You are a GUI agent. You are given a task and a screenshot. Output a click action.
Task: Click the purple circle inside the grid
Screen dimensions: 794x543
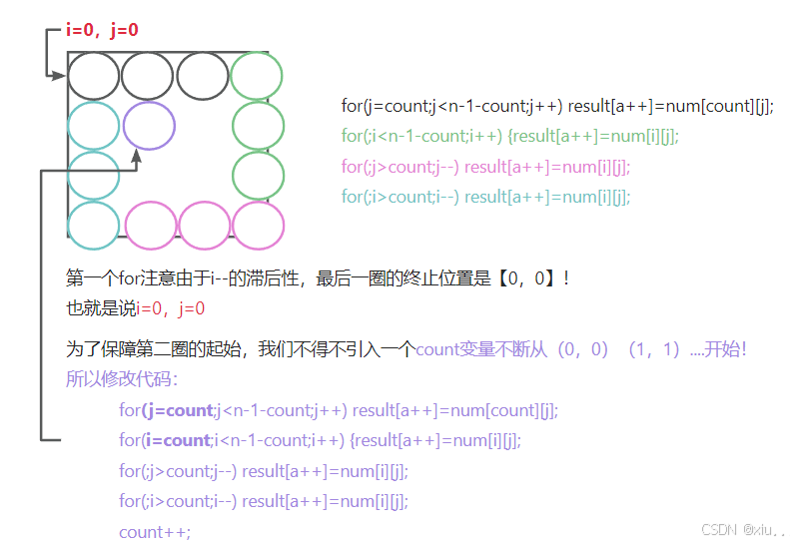coord(149,126)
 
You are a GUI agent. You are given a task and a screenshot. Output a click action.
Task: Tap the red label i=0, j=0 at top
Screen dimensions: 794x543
coord(102,30)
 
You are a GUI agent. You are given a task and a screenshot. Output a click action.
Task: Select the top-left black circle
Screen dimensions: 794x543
coord(94,76)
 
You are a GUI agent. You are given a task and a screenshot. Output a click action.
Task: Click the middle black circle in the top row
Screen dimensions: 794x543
coord(148,76)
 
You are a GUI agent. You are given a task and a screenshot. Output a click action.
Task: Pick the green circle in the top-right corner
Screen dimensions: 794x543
coord(257,76)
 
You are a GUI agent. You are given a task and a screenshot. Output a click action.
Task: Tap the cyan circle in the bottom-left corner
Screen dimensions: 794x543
coord(94,225)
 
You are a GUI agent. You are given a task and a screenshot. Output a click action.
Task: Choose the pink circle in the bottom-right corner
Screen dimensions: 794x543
coord(258,225)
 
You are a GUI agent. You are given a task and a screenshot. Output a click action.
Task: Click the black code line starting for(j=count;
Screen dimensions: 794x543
coord(557,106)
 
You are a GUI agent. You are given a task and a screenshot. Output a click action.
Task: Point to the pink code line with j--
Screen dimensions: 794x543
coord(485,167)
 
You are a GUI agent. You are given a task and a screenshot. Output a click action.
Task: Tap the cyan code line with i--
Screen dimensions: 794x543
coord(485,197)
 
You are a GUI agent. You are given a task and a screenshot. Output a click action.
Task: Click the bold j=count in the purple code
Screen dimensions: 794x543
coord(178,410)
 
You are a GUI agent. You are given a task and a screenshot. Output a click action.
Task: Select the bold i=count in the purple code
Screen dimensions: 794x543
coord(176,440)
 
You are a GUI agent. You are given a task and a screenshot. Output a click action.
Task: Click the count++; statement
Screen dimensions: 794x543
coord(154,532)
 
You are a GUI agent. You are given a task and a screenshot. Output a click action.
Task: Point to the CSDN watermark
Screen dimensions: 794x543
coord(743,530)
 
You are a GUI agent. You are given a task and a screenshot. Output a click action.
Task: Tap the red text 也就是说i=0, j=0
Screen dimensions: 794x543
coord(135,309)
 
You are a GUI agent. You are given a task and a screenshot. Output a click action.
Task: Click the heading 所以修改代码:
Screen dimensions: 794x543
coord(122,379)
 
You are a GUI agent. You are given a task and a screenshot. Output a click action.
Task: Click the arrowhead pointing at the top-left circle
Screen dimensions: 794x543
coord(61,75)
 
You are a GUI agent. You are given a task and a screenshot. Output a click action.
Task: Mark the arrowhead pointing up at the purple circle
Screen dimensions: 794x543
coord(135,155)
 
